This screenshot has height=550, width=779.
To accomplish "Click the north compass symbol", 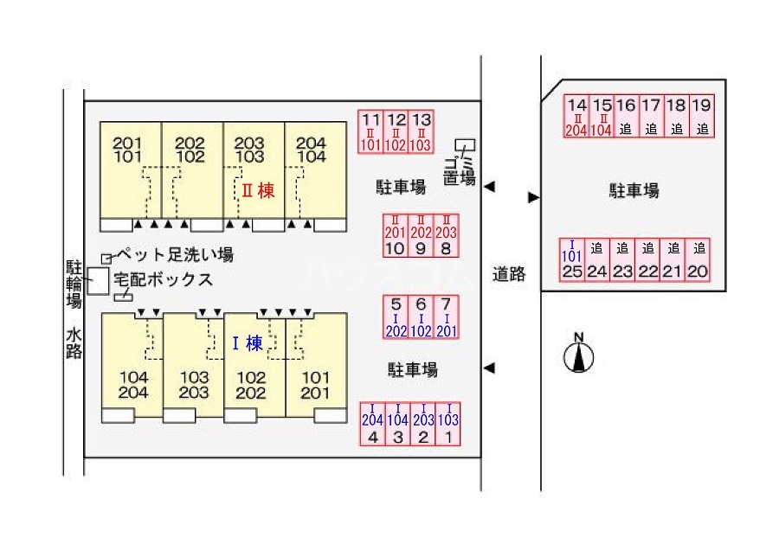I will coord(578,355).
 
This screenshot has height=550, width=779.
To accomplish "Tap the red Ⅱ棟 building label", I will coord(257,190).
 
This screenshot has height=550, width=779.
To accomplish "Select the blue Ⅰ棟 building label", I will coord(247,343).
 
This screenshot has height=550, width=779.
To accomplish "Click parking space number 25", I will coord(571,259).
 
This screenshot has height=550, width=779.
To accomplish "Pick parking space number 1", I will coord(448,424).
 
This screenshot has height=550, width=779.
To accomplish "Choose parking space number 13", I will coord(422,131).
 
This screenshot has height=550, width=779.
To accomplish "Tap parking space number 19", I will coord(702,116).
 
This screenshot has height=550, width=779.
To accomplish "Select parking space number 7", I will coord(446,317).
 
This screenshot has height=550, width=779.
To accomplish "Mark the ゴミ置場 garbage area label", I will coord(460,171).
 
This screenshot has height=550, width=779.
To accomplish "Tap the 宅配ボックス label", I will coord(169,279).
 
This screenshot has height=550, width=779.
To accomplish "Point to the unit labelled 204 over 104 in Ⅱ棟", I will coord(311,150).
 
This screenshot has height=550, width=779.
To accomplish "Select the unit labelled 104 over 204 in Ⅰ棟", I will coord(133,385).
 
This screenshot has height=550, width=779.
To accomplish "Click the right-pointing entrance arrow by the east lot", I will coord(533,197).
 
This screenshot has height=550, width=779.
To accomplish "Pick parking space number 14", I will coord(576,116).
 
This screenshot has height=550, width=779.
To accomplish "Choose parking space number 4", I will coord(373,424).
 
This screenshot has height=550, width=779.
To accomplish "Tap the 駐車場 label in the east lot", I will coord(634,191).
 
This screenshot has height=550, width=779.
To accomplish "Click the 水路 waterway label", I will coord(74,342).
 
